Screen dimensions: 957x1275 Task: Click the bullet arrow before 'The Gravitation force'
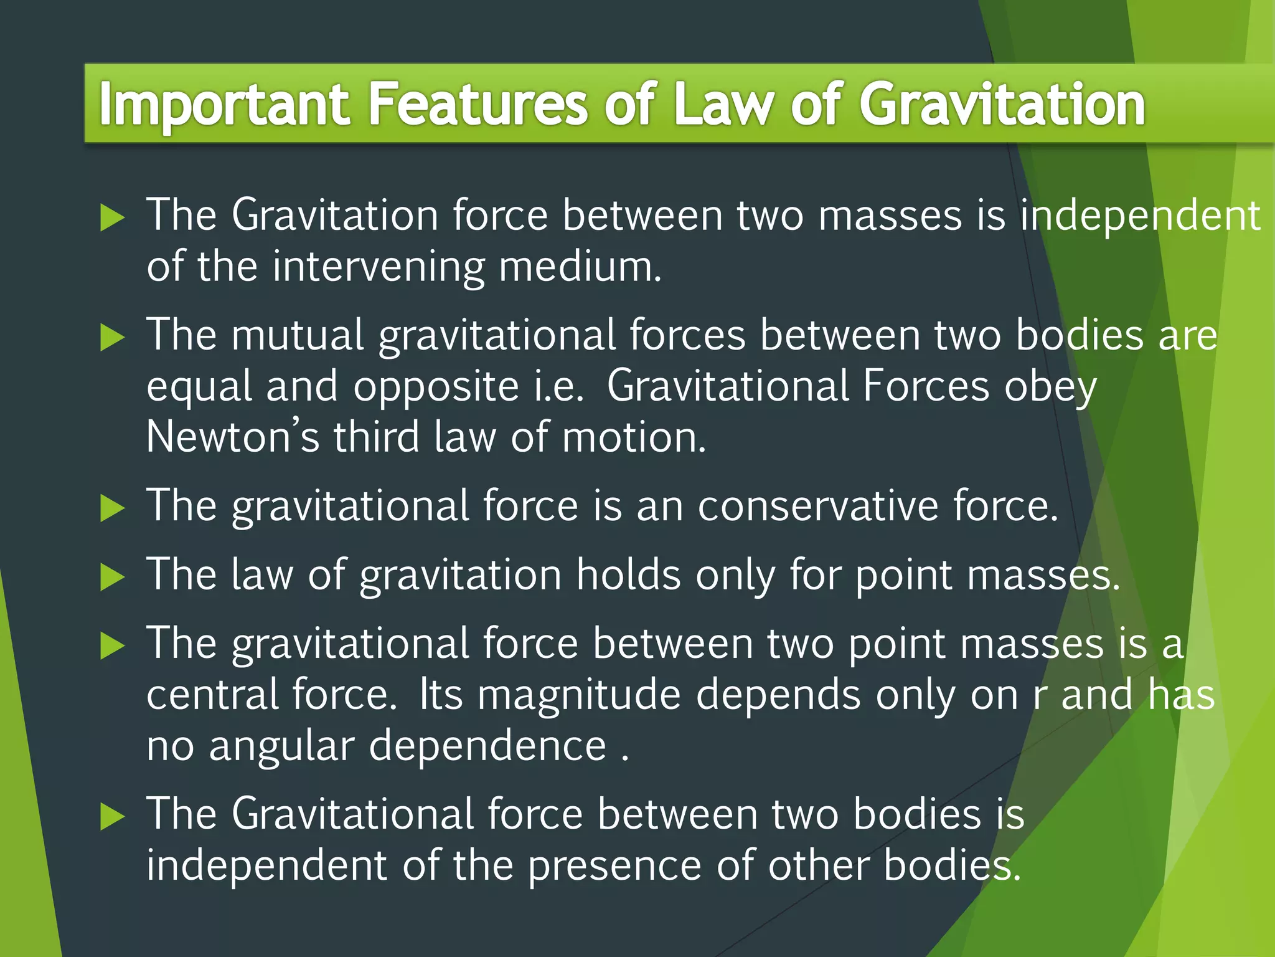click(112, 218)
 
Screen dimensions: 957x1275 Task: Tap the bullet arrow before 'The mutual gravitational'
click(112, 338)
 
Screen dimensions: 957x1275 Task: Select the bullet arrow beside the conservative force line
click(112, 508)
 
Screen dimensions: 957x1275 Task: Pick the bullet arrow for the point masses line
click(112, 577)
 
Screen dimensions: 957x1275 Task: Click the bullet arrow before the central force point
click(112, 646)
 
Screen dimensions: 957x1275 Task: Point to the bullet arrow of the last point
click(112, 817)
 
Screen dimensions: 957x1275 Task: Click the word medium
click(580, 267)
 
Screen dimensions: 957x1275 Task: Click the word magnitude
click(579, 696)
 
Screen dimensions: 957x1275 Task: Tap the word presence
click(614, 867)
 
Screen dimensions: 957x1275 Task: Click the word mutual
click(298, 335)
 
